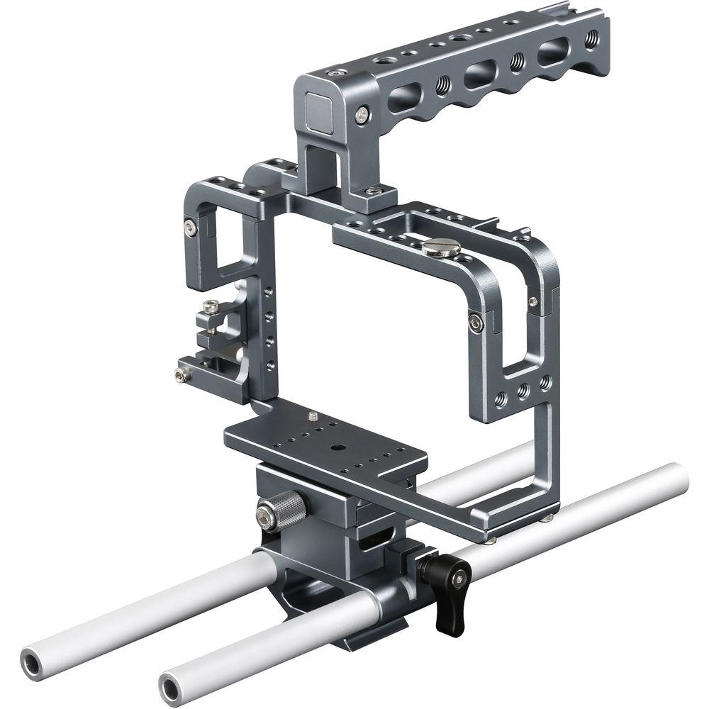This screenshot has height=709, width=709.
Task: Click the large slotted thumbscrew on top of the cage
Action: click(x=440, y=247)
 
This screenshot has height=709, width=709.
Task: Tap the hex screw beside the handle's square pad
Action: click(x=364, y=112)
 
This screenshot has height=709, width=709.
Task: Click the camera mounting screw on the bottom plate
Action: click(x=313, y=413)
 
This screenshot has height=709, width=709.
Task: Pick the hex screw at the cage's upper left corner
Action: click(x=189, y=226)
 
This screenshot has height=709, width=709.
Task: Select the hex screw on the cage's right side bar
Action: click(x=476, y=323)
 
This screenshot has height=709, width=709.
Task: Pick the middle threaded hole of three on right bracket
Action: click(x=523, y=390)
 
